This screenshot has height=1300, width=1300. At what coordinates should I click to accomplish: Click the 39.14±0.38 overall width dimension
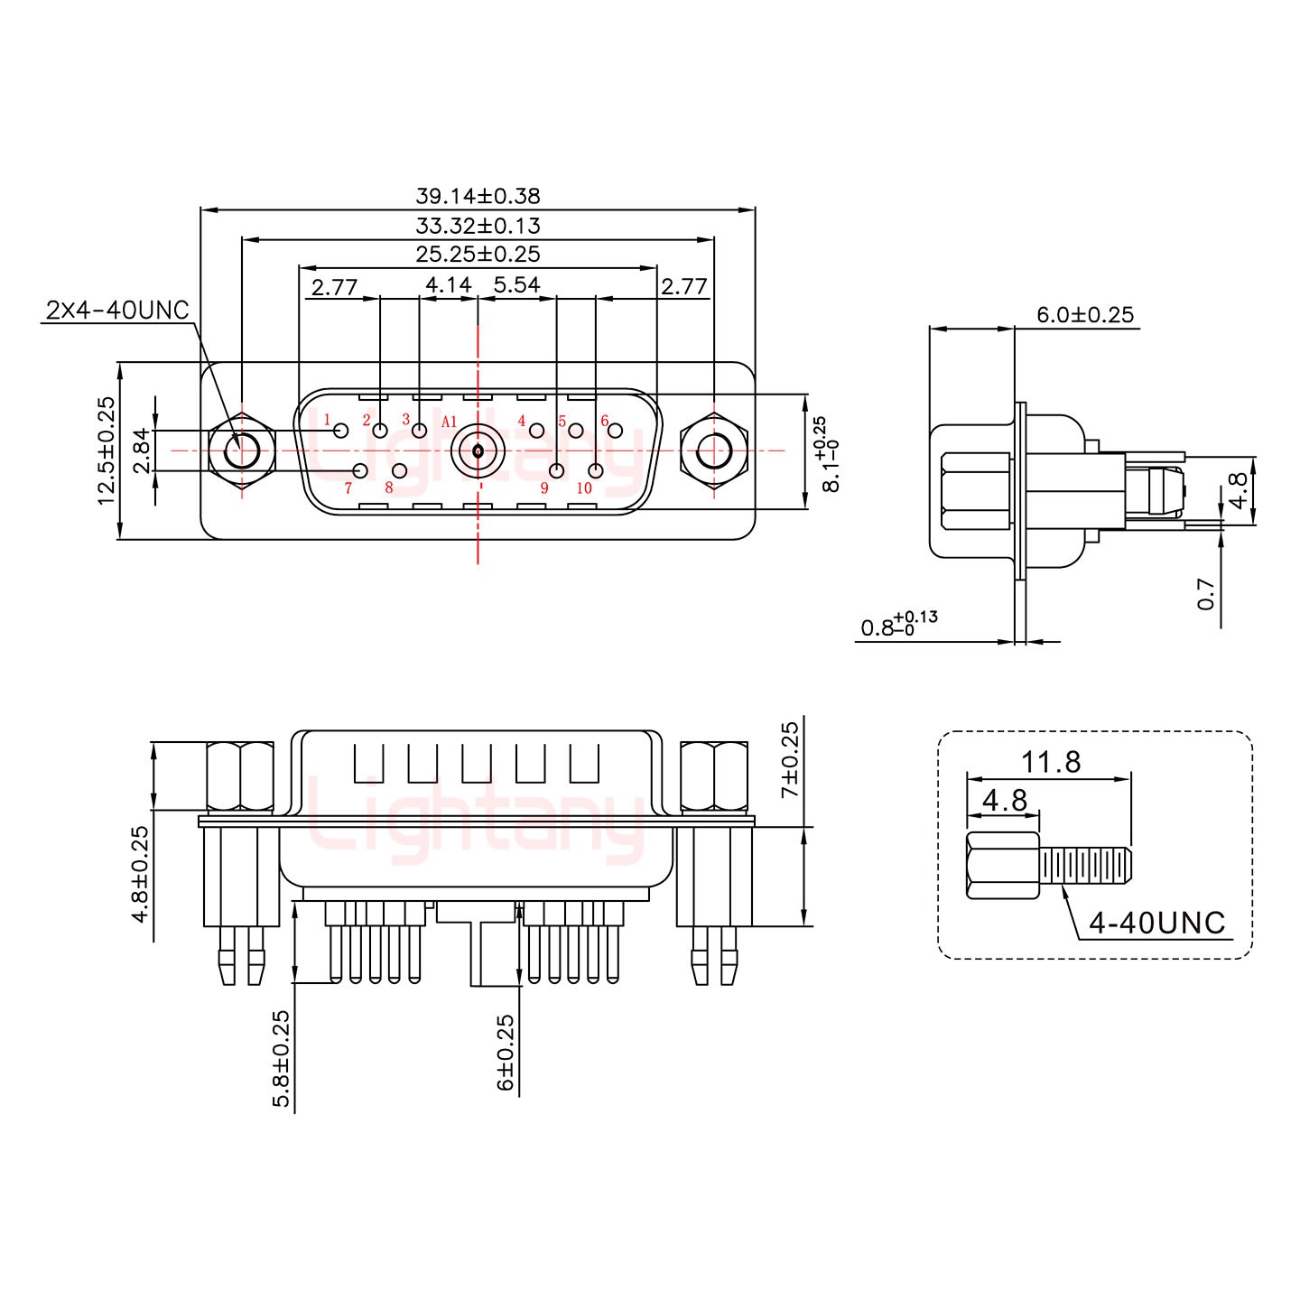(x=478, y=196)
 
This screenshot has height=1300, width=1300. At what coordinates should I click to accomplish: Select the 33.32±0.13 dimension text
(x=478, y=226)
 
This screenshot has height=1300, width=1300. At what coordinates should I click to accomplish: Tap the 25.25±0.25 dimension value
(x=478, y=255)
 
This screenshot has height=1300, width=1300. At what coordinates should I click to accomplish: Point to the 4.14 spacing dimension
(x=448, y=285)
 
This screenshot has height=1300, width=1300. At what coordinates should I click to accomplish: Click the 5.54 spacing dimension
(x=516, y=285)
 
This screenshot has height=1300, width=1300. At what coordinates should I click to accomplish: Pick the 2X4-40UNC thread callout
(x=116, y=311)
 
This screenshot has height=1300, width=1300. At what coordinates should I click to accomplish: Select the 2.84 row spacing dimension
(x=142, y=450)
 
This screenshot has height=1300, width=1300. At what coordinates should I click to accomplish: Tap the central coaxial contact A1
(x=477, y=450)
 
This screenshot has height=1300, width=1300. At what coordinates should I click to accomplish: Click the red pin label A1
(x=450, y=422)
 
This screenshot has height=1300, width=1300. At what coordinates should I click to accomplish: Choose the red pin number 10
(x=583, y=488)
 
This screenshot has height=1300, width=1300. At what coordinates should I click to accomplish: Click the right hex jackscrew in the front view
(x=713, y=450)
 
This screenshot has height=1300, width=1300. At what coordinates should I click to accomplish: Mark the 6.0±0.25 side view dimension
(x=1084, y=315)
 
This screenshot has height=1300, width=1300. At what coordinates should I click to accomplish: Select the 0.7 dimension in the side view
(x=1206, y=593)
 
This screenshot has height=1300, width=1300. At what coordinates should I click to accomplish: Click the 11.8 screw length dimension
(x=1051, y=762)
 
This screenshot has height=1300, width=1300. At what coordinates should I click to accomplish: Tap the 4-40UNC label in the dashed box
(x=1156, y=923)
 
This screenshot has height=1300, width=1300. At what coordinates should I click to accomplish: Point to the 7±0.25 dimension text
(x=790, y=758)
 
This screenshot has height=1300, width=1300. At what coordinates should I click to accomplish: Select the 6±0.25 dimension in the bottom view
(x=506, y=1052)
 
